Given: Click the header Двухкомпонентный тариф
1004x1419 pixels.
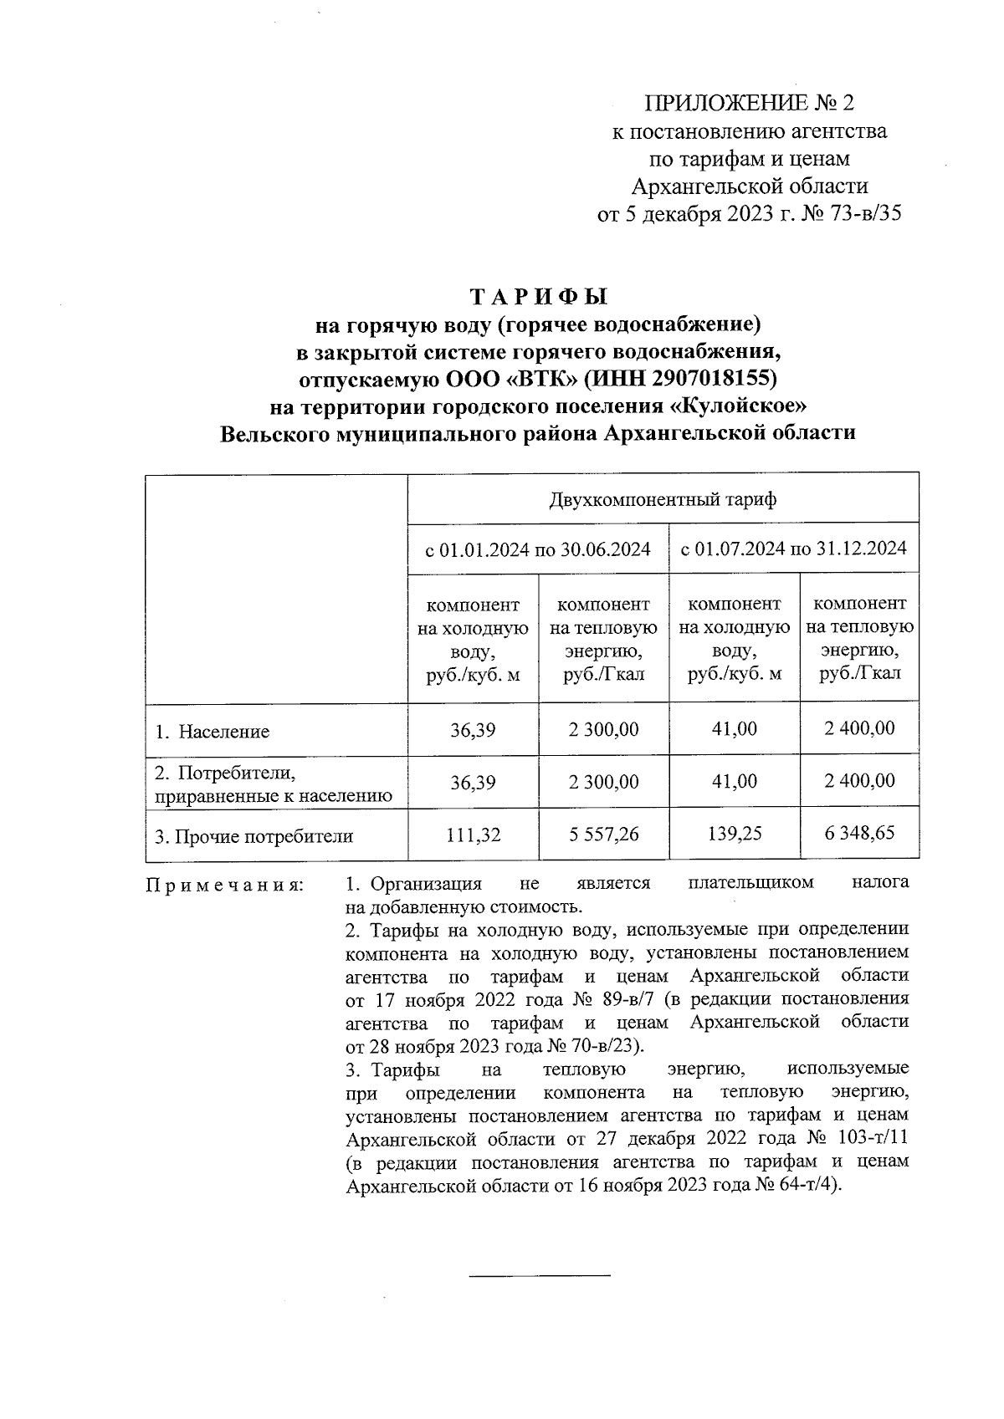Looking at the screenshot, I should (x=663, y=500).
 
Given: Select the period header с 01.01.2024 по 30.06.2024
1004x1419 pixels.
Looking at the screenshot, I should (x=538, y=549).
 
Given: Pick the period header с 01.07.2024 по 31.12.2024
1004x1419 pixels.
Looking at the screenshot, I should (x=793, y=549).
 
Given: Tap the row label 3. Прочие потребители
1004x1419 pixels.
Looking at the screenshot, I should (x=254, y=835).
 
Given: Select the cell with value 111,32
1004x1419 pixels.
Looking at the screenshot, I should (x=473, y=835).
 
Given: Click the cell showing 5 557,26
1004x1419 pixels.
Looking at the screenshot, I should (x=603, y=835).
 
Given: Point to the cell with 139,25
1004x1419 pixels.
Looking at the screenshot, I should (x=734, y=835).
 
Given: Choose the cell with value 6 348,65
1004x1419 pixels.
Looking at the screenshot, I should (x=859, y=833).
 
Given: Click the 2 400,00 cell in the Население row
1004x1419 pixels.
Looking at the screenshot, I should (x=859, y=728).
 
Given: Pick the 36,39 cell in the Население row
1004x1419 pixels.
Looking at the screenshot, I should (x=473, y=730).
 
